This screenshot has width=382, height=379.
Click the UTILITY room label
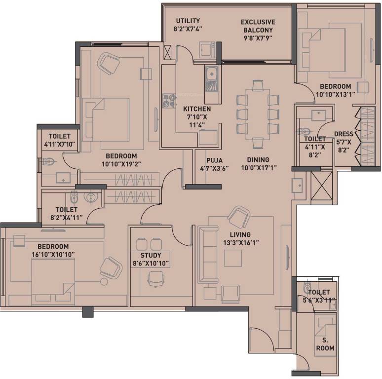point(188,21)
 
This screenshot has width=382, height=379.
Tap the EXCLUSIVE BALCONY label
point(258,26)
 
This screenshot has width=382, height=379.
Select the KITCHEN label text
point(197,109)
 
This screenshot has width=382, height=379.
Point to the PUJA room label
point(214,160)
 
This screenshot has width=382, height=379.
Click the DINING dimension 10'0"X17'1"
point(259,168)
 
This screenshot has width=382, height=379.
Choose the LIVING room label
point(240,234)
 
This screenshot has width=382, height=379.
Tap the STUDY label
point(151,255)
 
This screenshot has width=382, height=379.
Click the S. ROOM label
point(325,344)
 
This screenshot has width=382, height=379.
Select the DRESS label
point(344,134)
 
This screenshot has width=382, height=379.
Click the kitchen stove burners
point(169,101)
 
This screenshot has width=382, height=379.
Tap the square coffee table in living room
point(233,258)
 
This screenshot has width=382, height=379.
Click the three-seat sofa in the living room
point(208,255)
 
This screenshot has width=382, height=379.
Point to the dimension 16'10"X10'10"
point(53,255)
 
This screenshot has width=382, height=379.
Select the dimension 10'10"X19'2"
point(121,164)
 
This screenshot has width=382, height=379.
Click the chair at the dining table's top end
point(258,85)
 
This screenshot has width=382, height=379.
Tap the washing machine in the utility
point(207,50)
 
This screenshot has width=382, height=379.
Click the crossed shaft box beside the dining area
point(322,186)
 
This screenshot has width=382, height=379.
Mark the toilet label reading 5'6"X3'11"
point(319,300)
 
